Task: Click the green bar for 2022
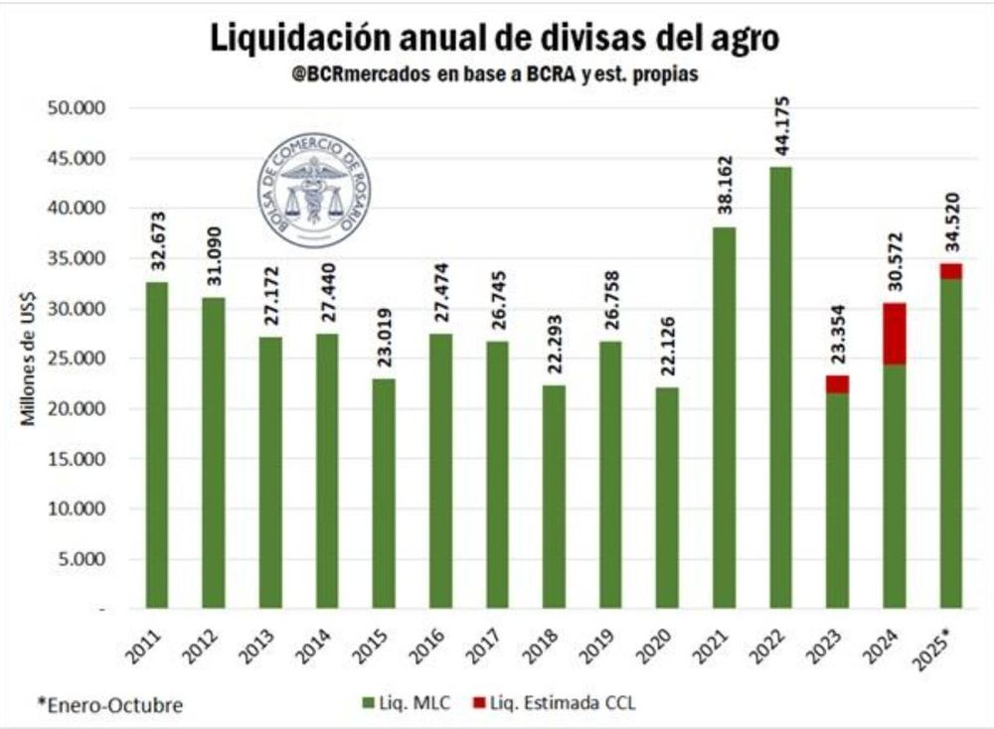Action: pos(781,387)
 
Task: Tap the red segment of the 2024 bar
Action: pos(895,334)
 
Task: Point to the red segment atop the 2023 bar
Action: pos(838,384)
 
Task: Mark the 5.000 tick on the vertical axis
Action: pos(87,558)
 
